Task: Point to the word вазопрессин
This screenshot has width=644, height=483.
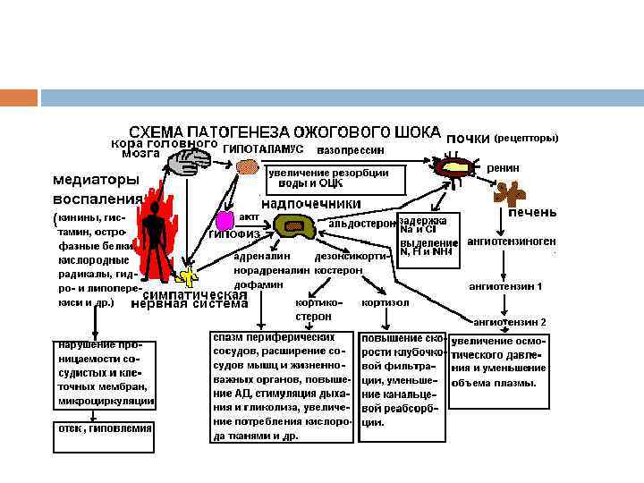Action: coord(357,148)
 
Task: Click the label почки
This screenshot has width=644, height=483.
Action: coord(468,138)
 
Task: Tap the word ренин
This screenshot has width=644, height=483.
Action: coord(504,167)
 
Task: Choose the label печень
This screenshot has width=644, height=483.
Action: coord(532,212)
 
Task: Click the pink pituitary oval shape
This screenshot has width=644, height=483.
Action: coord(225,220)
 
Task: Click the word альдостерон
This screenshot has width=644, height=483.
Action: coord(361,223)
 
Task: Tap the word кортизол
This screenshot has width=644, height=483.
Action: coord(386,302)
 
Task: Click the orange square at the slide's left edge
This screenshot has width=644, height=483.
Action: coord(19,97)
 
